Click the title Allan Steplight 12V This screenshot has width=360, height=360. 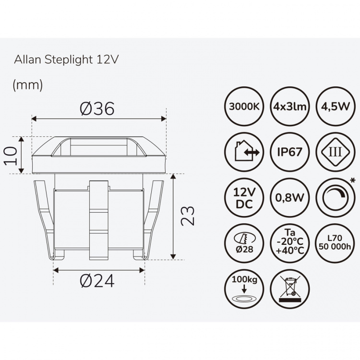pyautogui.click(x=66, y=60)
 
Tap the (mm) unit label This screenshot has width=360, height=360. pyautogui.click(x=28, y=85)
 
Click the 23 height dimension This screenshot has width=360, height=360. pyautogui.click(x=189, y=216)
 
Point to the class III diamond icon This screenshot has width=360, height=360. pyautogui.click(x=336, y=152)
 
